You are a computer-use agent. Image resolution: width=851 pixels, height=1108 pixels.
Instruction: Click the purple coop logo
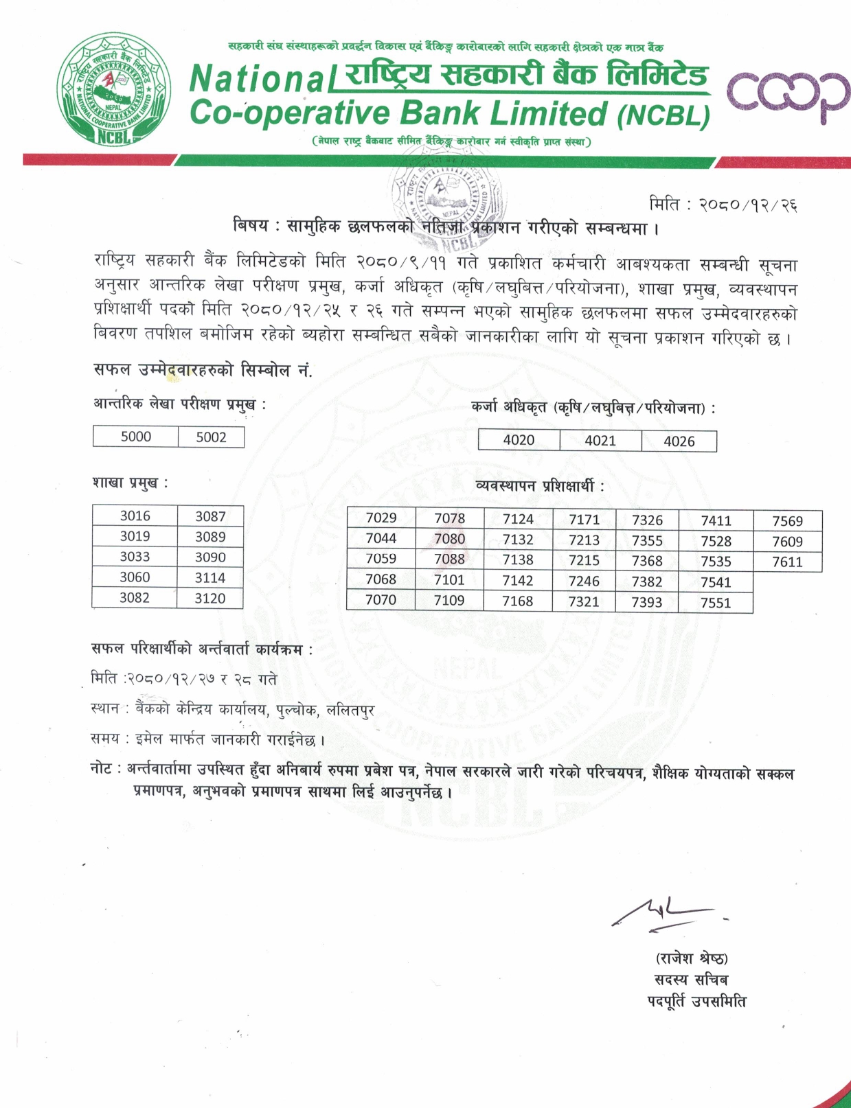tap(787, 97)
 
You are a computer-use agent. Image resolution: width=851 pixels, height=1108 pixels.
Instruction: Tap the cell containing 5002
tap(211, 437)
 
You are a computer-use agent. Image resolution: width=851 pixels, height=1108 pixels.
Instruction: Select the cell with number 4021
tap(600, 441)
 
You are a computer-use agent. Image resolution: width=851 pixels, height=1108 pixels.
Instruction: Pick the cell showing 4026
tap(679, 441)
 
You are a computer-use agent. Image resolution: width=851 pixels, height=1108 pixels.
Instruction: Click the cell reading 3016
tap(135, 516)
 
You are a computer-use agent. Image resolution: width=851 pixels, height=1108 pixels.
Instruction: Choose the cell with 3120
tap(209, 599)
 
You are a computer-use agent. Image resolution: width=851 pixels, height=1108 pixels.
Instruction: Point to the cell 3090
tap(209, 557)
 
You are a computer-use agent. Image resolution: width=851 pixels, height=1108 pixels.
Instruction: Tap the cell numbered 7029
tap(381, 518)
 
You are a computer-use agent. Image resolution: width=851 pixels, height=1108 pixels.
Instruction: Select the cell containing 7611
tap(787, 562)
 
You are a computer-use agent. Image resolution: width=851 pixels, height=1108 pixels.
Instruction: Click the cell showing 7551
tap(716, 603)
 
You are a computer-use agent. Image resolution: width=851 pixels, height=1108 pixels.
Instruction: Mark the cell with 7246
tap(584, 581)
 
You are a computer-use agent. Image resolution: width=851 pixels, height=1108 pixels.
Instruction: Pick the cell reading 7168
tap(517, 601)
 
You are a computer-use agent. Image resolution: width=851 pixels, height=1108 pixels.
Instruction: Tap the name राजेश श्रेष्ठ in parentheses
tap(692, 958)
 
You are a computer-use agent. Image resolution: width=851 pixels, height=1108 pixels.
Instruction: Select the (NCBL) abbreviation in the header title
tap(663, 116)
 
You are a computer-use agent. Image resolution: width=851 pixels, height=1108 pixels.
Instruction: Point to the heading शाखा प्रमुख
tap(129, 483)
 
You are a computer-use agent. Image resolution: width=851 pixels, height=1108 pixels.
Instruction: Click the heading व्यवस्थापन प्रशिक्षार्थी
tap(539, 487)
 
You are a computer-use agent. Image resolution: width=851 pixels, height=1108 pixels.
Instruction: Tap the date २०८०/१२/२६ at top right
tap(748, 205)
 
